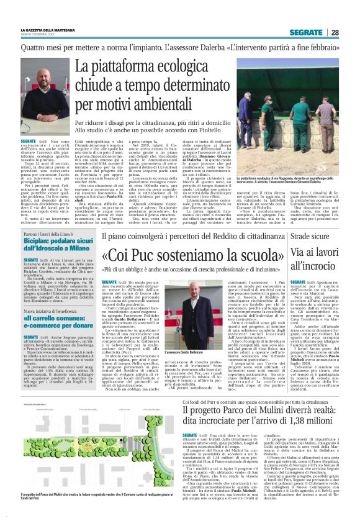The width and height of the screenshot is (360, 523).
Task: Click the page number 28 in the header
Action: coord(335,32)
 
